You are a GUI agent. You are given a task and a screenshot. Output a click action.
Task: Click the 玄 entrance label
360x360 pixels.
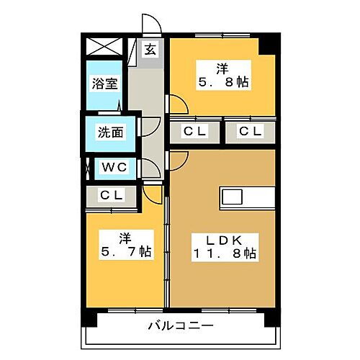150,50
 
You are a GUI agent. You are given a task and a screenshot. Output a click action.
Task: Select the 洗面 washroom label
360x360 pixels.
110,132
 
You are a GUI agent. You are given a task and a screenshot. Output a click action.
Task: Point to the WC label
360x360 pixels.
114,168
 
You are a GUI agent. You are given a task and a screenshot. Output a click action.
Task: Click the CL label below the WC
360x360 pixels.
111,194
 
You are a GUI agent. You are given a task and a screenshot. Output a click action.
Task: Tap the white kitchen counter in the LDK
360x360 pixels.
247,196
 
